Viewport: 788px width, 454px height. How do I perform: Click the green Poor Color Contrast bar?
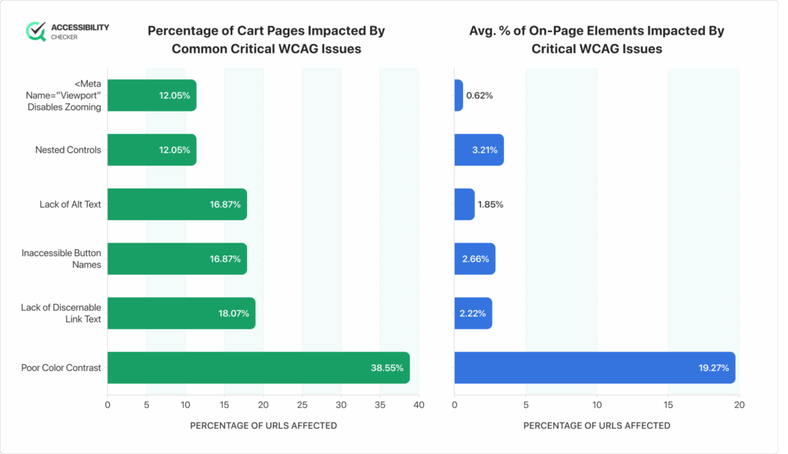point(258,368)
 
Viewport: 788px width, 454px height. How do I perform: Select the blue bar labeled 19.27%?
point(594,368)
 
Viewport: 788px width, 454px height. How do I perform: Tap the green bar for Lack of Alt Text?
point(176,205)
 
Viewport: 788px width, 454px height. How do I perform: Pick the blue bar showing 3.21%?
point(479,150)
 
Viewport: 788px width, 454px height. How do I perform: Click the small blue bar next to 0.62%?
point(459,96)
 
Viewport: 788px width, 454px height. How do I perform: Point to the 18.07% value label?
point(233,314)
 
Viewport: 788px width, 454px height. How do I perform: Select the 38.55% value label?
point(387,369)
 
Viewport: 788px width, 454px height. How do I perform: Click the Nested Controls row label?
point(68,150)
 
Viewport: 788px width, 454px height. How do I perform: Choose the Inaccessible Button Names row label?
point(61,259)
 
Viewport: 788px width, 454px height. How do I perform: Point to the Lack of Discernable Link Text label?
point(61,313)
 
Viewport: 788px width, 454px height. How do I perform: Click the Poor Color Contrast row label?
point(61,368)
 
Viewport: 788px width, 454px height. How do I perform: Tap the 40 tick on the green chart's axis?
point(419,404)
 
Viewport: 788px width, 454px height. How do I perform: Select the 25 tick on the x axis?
point(302,404)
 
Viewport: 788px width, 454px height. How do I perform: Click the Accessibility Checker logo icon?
point(36,32)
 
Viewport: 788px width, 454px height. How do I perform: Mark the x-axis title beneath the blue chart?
point(596,426)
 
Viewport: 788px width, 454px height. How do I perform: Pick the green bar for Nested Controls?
point(151,150)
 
